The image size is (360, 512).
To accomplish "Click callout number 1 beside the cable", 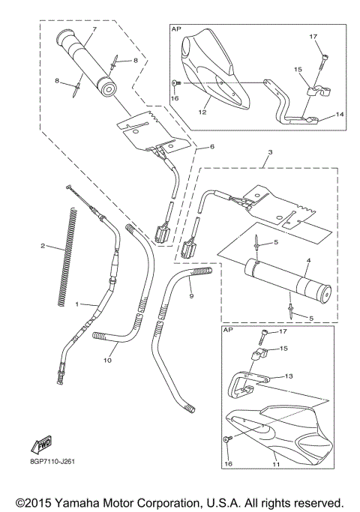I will click(76, 304).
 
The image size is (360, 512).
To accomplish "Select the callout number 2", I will click(43, 245).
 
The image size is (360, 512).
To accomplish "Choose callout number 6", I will click(211, 146).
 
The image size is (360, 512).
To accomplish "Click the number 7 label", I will click(94, 29).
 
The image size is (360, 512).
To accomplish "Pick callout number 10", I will click(107, 361).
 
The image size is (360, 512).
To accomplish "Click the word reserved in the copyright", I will click(316, 502).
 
